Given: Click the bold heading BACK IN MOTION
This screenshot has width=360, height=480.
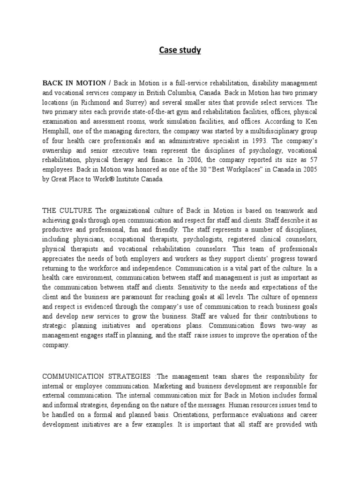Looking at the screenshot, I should tap(74, 83).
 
